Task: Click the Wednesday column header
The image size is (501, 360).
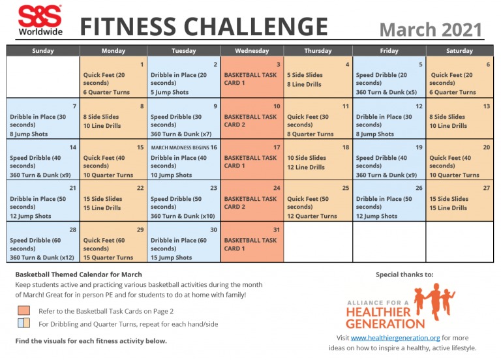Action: (251, 50)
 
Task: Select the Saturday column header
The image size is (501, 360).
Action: (459, 50)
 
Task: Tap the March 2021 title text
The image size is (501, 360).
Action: (430, 29)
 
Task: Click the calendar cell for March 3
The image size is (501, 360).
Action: (251, 77)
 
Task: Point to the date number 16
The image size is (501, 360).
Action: (214, 147)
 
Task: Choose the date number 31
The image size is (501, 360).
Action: (277, 230)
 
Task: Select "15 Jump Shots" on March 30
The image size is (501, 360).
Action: (171, 258)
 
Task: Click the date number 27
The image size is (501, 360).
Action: (487, 188)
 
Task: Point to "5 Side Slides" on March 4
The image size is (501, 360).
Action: (305, 75)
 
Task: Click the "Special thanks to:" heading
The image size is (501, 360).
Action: (404, 275)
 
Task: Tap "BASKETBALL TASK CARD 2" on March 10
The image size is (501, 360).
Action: (250, 121)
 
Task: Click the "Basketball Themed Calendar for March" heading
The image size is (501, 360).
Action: (78, 275)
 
